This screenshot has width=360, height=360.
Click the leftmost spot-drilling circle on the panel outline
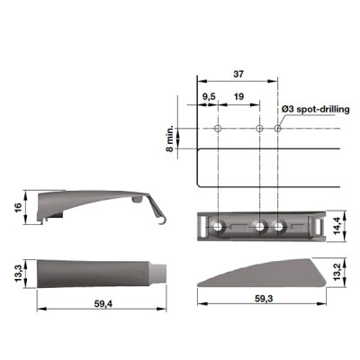218,130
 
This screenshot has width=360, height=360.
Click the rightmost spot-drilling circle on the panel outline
278,130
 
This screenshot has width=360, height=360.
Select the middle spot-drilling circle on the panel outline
260,130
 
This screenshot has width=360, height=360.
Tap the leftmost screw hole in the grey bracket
218,227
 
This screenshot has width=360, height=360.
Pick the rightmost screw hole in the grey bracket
279,227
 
